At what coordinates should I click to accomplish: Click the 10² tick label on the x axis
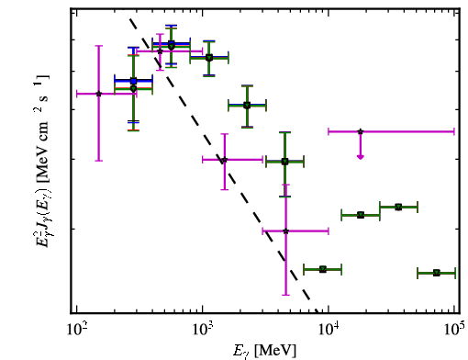[77, 330]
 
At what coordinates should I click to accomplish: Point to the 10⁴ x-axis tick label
[329, 330]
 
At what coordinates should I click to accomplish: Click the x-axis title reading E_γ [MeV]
[264, 351]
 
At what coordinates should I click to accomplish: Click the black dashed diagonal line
[224, 166]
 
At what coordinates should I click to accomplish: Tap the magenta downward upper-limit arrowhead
[361, 157]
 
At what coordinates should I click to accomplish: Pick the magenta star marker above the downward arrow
[361, 131]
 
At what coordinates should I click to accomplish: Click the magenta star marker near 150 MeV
[98, 94]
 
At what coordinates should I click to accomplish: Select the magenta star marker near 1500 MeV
[225, 160]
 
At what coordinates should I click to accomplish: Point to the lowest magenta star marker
[285, 231]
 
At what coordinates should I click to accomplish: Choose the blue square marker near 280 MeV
[133, 81]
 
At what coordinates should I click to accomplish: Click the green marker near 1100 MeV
[209, 58]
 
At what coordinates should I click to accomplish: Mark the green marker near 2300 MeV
[247, 106]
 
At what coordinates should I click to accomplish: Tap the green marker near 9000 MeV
[323, 269]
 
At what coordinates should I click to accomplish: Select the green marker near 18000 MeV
[361, 215]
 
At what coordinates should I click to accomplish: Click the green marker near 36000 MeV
[398, 208]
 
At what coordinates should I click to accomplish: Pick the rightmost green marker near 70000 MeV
[437, 273]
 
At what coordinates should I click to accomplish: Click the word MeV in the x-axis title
[275, 351]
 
